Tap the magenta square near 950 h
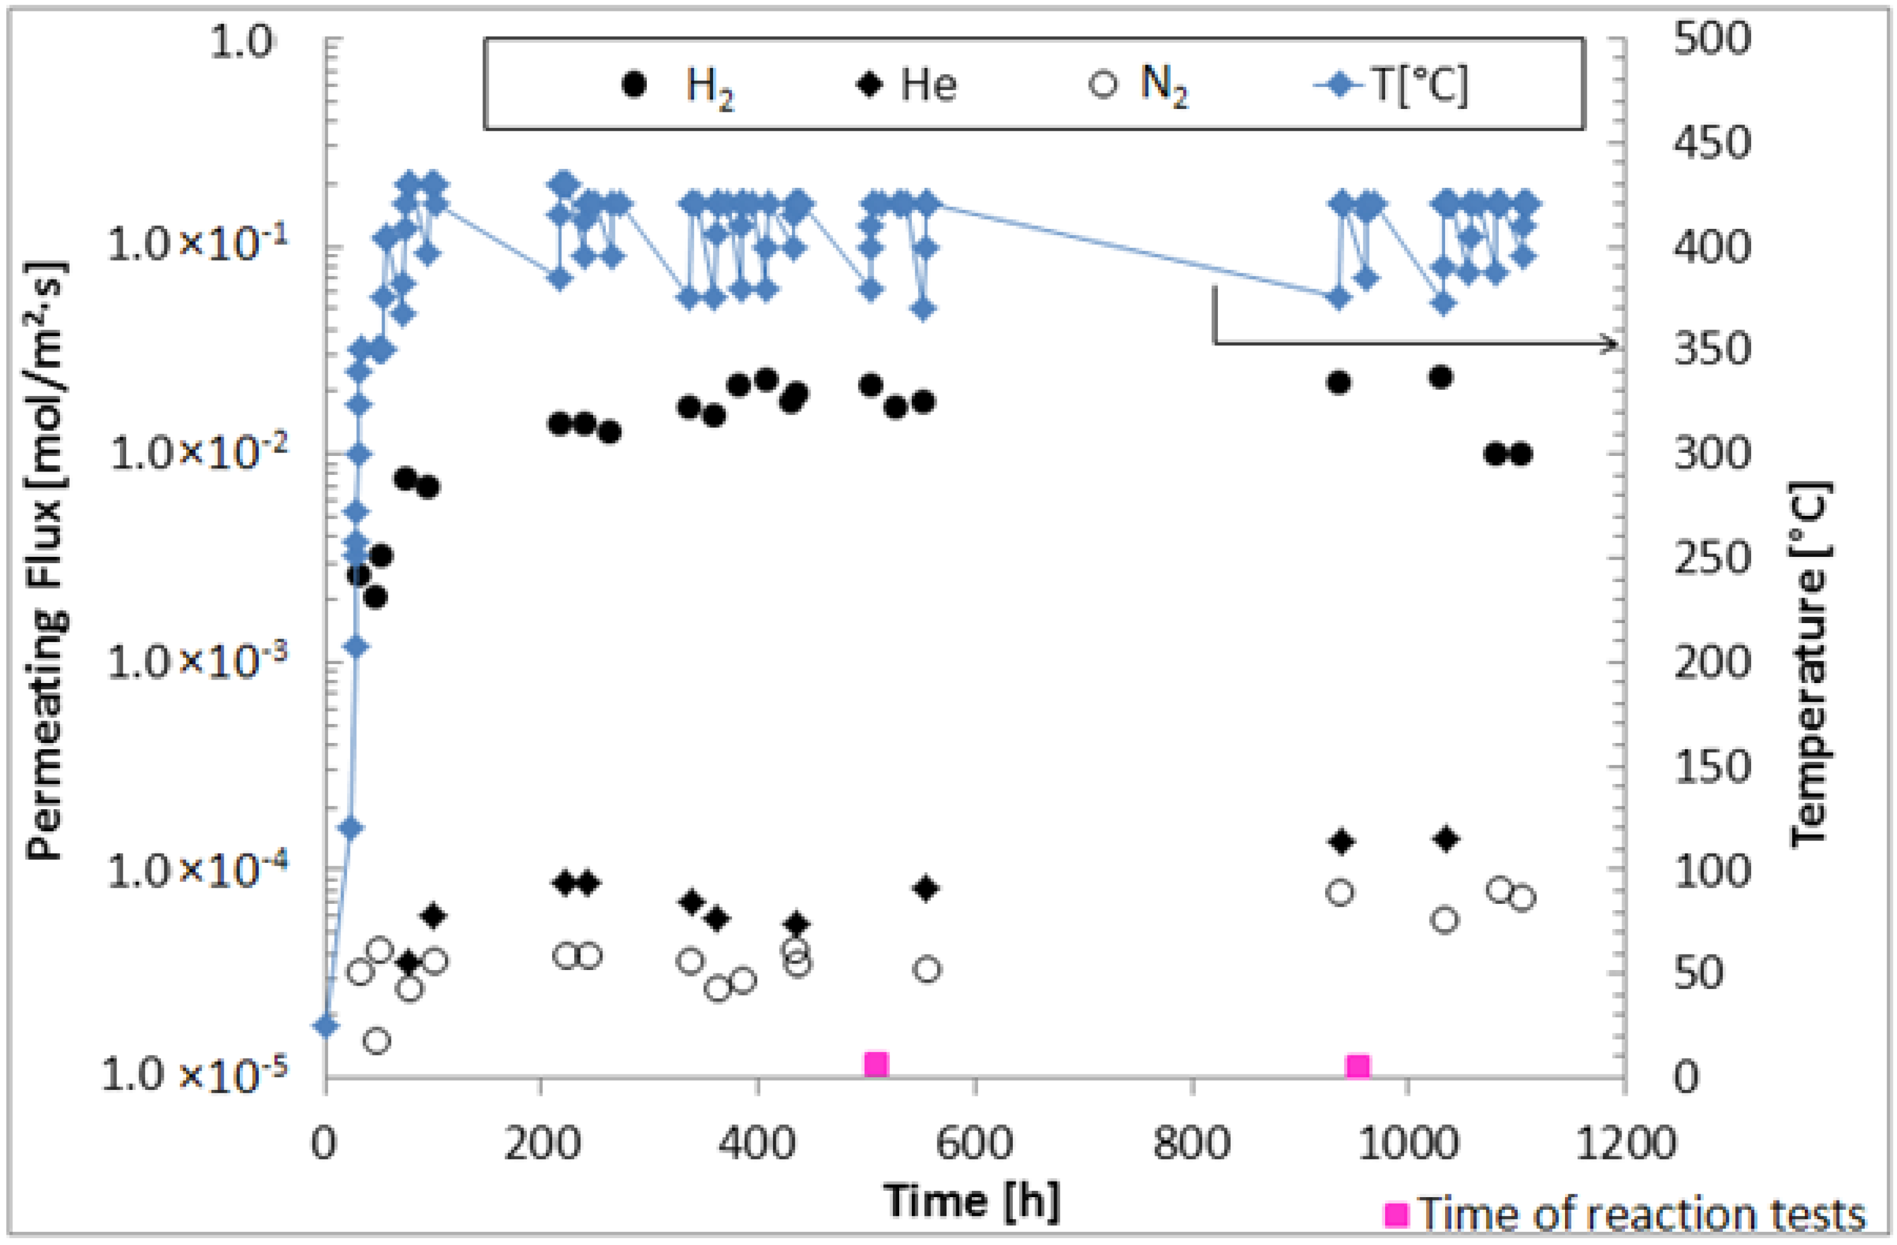1358,1066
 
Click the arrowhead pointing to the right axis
1610,344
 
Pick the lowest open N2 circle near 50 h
377,1041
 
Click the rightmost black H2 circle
1521,454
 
